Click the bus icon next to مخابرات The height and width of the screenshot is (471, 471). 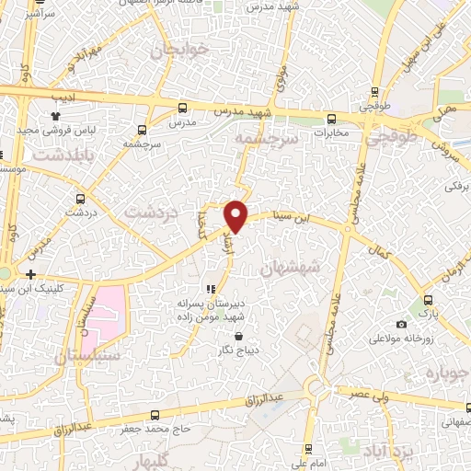[x=332, y=118]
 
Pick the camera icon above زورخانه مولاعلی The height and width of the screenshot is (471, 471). [x=401, y=324]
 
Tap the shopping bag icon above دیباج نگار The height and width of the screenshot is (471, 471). [x=240, y=336]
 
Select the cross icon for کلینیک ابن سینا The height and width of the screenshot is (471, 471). [x=31, y=274]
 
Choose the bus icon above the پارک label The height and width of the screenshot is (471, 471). [x=428, y=300]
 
